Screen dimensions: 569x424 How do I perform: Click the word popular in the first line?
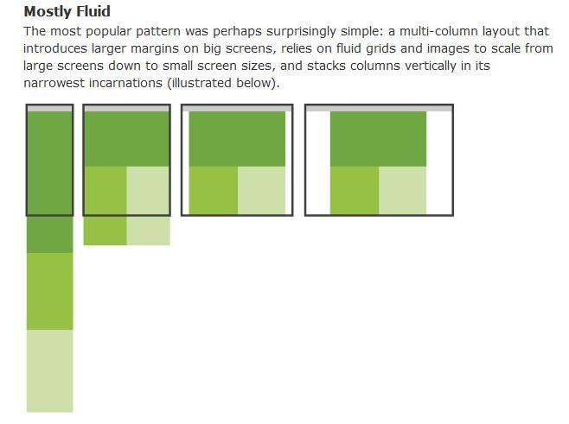(x=108, y=32)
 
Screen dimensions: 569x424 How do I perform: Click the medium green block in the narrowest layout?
(x=49, y=291)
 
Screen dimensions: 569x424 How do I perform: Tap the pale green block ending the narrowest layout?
(x=49, y=370)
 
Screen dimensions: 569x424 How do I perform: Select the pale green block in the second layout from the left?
(x=148, y=206)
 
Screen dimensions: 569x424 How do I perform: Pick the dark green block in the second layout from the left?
(x=126, y=139)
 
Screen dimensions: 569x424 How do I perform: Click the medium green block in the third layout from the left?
(x=214, y=190)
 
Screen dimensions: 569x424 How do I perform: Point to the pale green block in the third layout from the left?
(x=261, y=190)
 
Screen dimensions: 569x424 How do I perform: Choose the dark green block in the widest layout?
(x=378, y=139)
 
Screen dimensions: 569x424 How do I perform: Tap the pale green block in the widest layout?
(x=402, y=190)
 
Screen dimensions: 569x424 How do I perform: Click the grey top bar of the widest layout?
(x=380, y=108)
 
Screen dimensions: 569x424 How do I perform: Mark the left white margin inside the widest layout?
(x=318, y=162)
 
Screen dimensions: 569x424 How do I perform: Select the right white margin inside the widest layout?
(x=439, y=162)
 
